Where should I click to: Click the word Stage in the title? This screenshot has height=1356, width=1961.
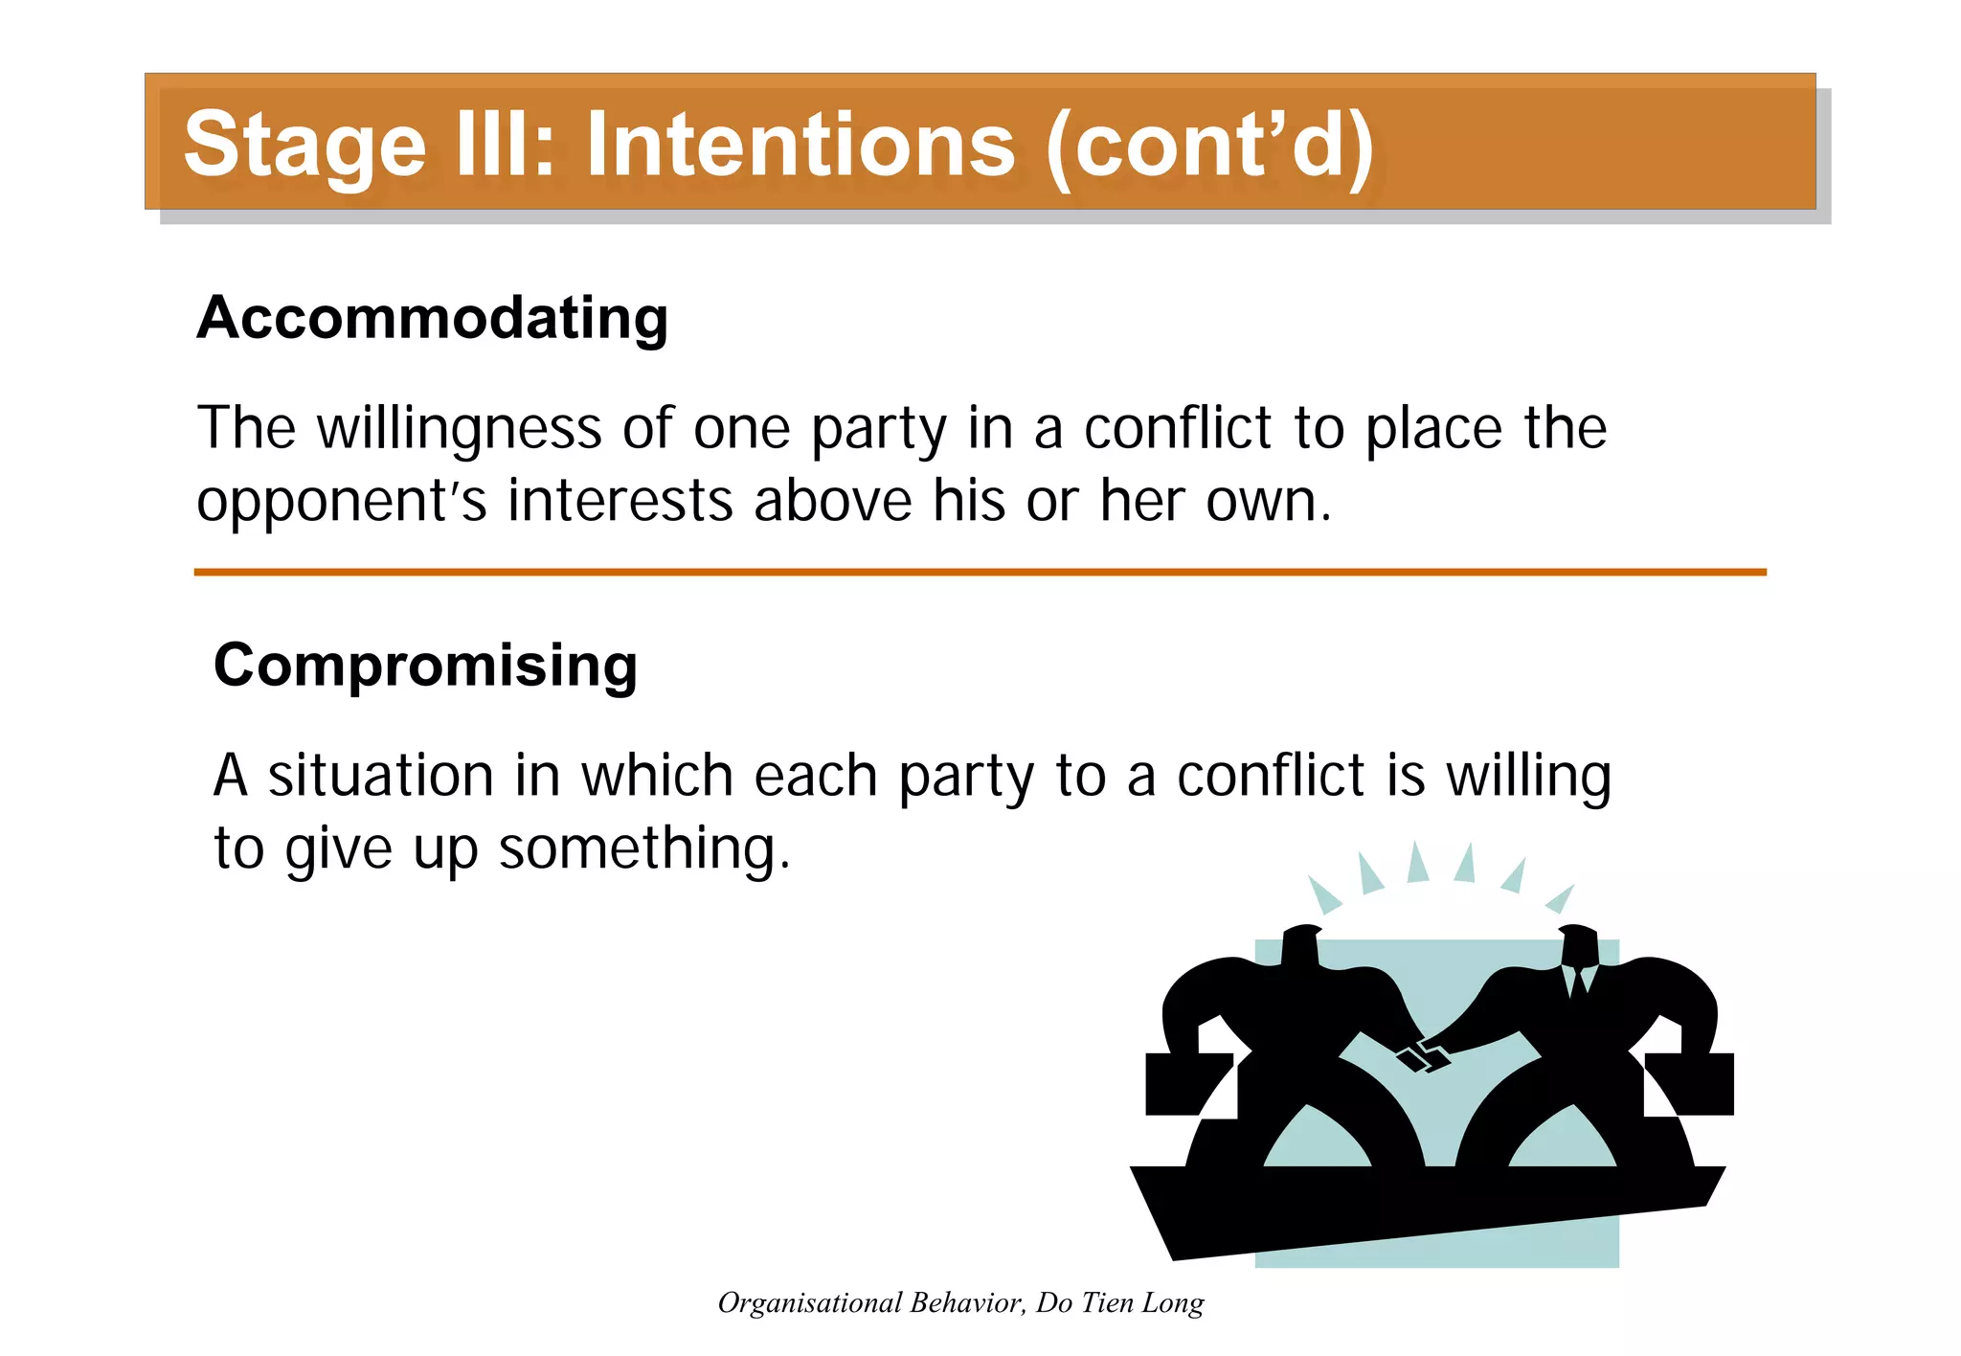(x=304, y=146)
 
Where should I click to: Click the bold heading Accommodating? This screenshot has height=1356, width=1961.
(x=432, y=318)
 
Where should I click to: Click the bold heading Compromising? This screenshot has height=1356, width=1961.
(x=425, y=666)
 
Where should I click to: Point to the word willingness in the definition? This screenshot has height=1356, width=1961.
(x=460, y=428)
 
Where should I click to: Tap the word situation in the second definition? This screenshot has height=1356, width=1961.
(x=380, y=776)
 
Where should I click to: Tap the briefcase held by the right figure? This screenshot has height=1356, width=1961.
(x=1691, y=1084)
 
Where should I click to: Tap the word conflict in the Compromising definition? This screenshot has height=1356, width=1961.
(x=1271, y=776)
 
